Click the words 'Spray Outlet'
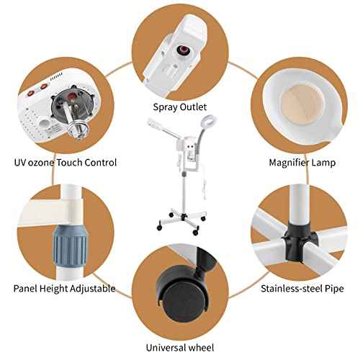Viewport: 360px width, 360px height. click(x=181, y=108)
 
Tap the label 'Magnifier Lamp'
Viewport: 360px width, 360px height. click(x=300, y=162)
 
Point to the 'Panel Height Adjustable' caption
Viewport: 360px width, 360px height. click(x=64, y=288)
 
